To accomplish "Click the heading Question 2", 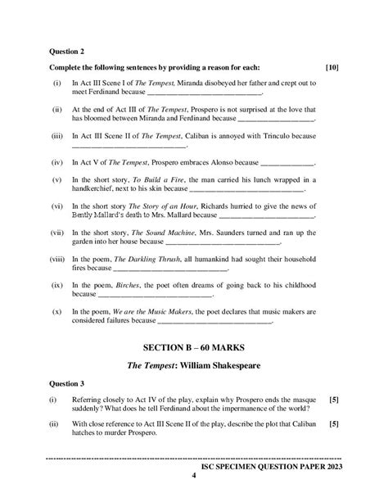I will tap(69, 49).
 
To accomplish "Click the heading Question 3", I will tap(69, 382).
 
